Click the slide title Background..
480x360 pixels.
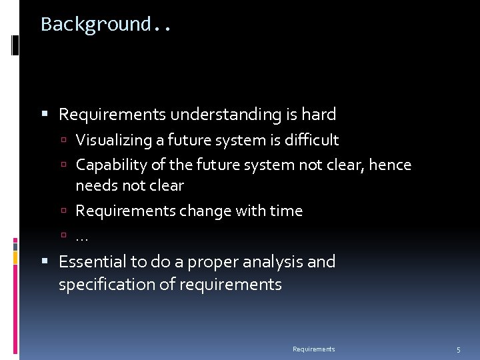tap(105, 25)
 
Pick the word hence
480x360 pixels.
tap(391, 165)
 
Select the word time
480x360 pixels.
tap(286, 211)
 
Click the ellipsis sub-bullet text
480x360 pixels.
tap(81, 237)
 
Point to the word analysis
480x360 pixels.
tap(275, 262)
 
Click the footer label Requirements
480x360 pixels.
tap(313, 349)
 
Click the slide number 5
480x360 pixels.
tap(458, 350)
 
